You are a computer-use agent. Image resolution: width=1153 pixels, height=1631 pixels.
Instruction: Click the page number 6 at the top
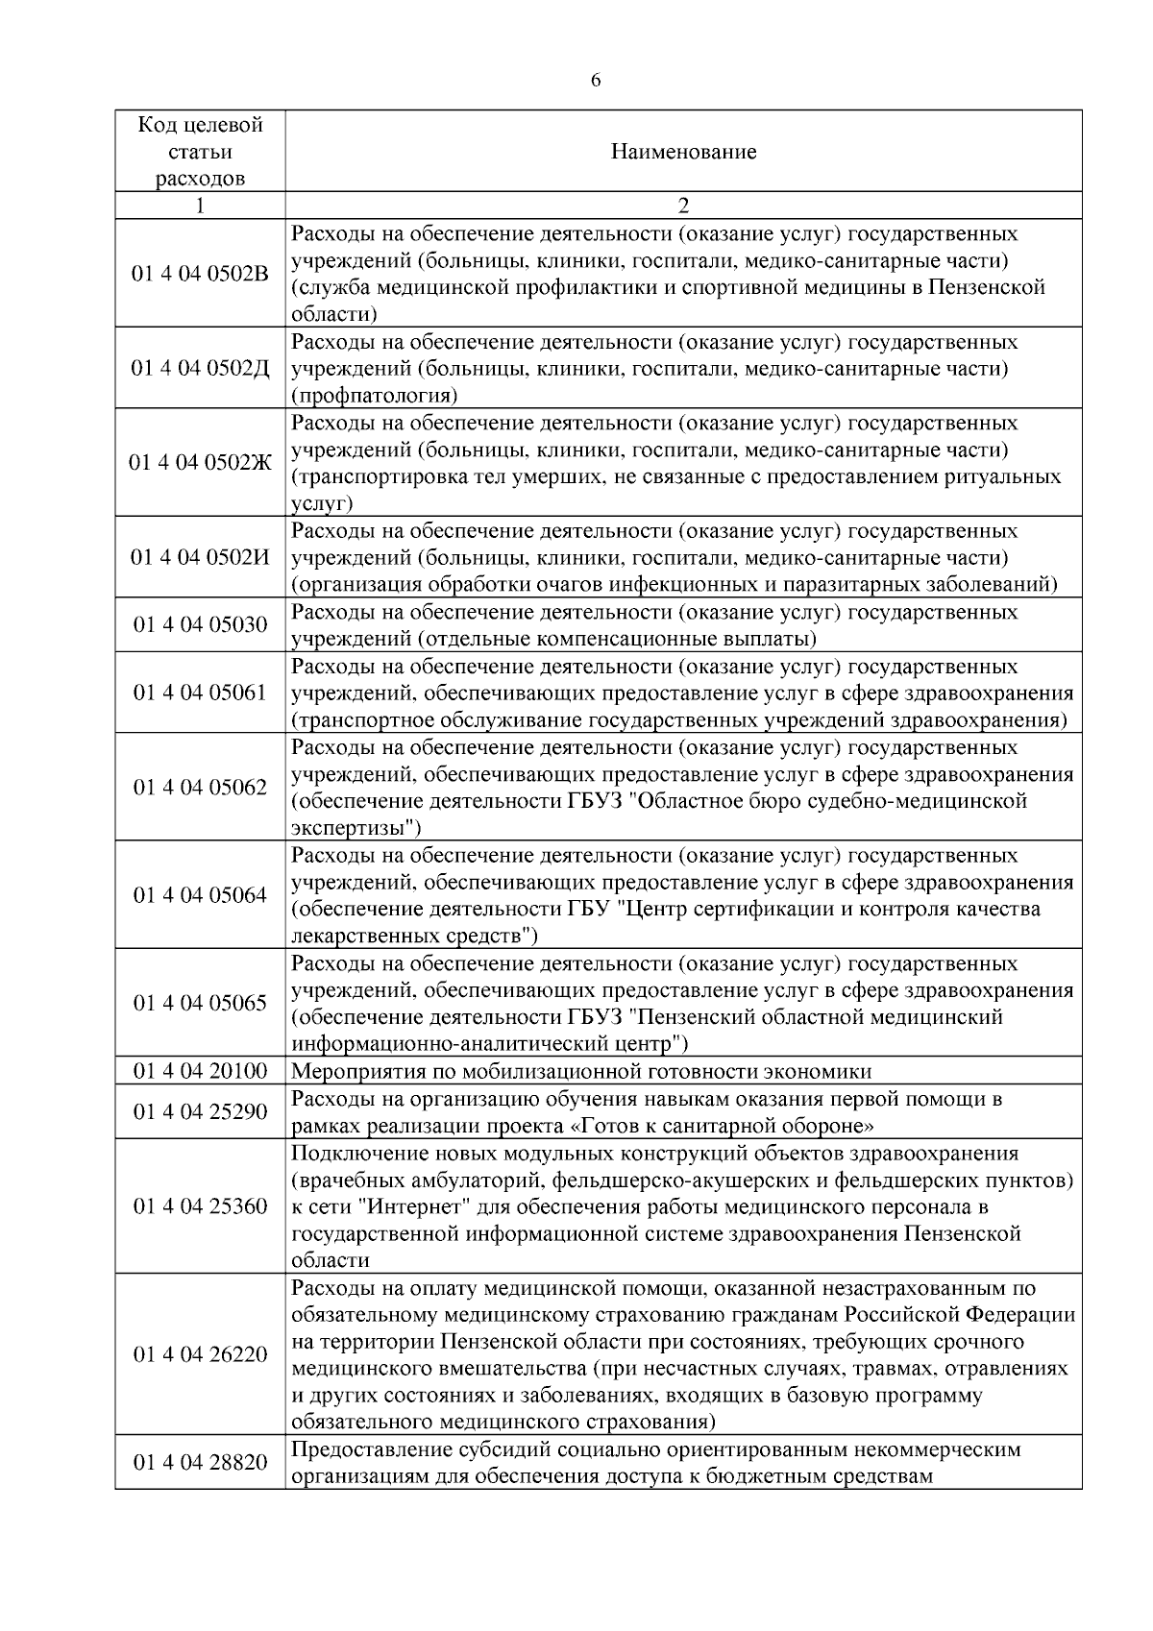pyautogui.click(x=596, y=81)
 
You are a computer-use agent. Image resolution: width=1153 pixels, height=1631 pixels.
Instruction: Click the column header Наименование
pyautogui.click(x=683, y=152)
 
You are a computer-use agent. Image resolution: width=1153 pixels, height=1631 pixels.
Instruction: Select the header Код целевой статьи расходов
pyautogui.click(x=200, y=152)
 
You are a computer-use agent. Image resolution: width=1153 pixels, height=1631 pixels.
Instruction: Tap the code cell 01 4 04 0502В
pyautogui.click(x=200, y=274)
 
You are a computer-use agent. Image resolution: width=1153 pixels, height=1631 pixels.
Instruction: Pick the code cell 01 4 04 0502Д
pyautogui.click(x=200, y=369)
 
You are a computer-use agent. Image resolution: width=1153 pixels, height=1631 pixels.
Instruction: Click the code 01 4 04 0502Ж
pyautogui.click(x=200, y=463)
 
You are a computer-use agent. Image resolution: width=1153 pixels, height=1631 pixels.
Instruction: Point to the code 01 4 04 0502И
pyautogui.click(x=200, y=558)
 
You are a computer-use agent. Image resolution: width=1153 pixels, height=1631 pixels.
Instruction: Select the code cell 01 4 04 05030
pyautogui.click(x=200, y=625)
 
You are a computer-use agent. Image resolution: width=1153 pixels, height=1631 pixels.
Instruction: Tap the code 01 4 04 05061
pyautogui.click(x=200, y=693)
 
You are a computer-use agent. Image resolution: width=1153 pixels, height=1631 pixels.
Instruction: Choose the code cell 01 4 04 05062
pyautogui.click(x=200, y=788)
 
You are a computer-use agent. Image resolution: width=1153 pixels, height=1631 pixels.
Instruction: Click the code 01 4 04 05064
pyautogui.click(x=200, y=895)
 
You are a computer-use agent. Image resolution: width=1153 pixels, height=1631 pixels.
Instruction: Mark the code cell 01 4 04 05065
pyautogui.click(x=200, y=1003)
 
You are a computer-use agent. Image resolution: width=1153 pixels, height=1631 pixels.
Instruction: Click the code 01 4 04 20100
pyautogui.click(x=200, y=1071)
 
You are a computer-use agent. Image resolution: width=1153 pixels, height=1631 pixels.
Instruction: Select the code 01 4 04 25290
pyautogui.click(x=200, y=1112)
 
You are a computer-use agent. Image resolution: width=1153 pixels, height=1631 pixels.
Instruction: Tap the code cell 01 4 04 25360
pyautogui.click(x=200, y=1206)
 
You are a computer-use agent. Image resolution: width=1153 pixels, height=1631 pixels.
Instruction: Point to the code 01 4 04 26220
pyautogui.click(x=200, y=1354)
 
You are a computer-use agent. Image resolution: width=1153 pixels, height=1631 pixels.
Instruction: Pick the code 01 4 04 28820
pyautogui.click(x=200, y=1463)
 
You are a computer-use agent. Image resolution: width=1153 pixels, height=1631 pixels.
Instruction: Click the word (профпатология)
pyautogui.click(x=374, y=396)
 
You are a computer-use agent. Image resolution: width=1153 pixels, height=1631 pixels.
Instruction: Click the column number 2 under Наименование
pyautogui.click(x=683, y=206)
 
